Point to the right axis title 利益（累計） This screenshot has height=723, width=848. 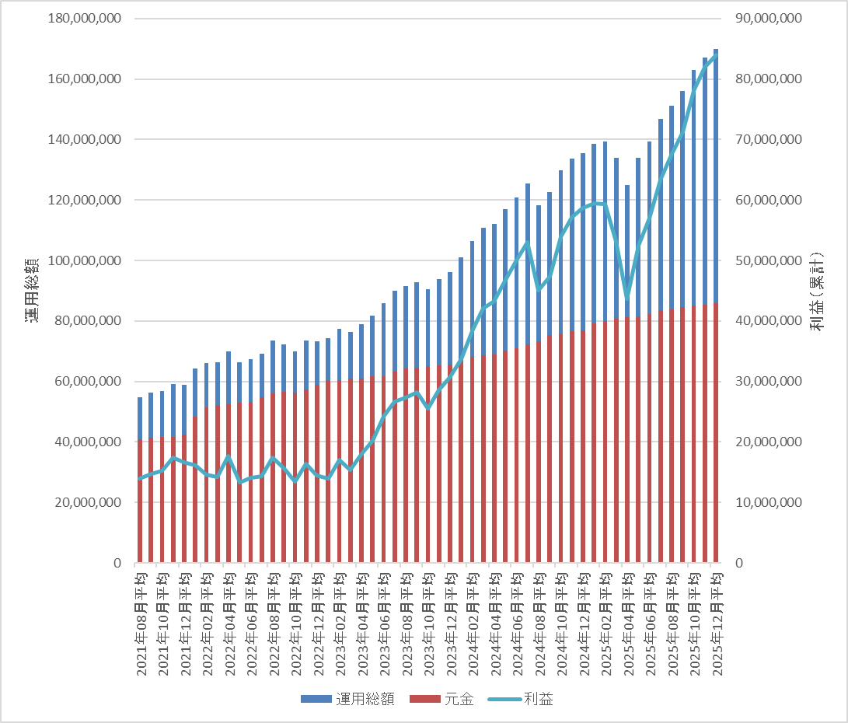[817, 292]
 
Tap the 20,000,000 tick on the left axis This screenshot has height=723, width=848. [85, 502]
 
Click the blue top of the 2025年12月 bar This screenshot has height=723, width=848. [716, 51]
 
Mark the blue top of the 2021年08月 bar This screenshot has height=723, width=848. [140, 400]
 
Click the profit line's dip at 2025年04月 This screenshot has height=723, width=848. [627, 298]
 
